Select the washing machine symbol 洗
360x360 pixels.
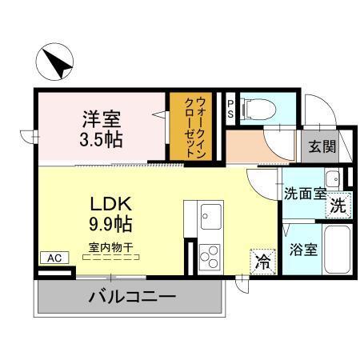click(x=339, y=205)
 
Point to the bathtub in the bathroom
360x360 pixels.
click(x=339, y=249)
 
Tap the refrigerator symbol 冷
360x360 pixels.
click(x=262, y=260)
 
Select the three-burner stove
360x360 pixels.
click(x=212, y=257)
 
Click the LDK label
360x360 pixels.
click(x=109, y=202)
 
